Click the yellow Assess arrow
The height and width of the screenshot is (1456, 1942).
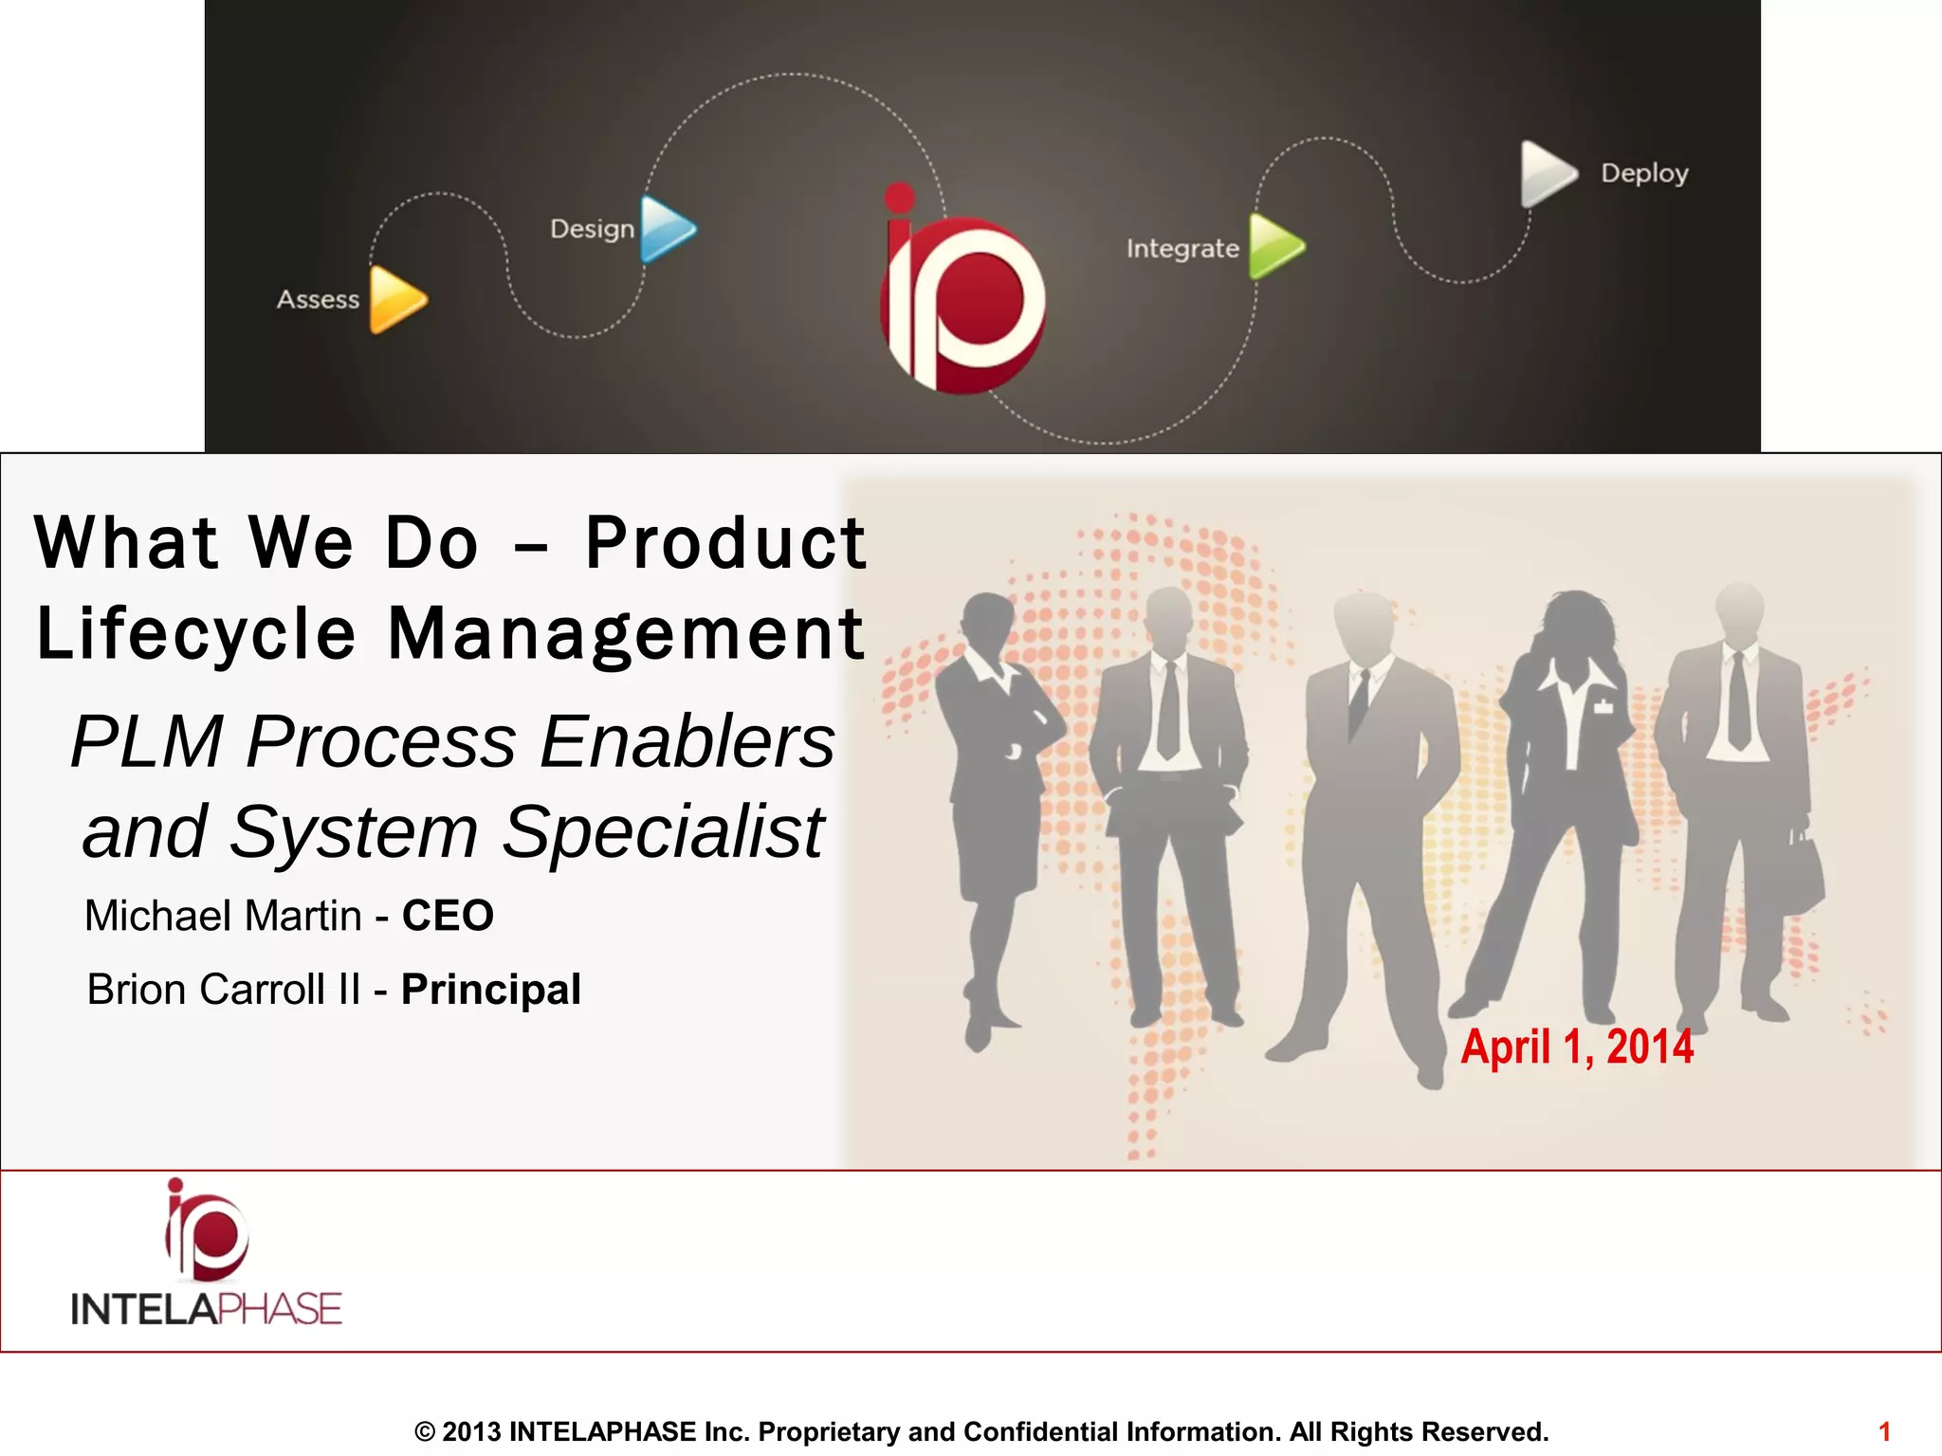pyautogui.click(x=396, y=300)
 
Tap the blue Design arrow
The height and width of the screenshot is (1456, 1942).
pyautogui.click(x=667, y=228)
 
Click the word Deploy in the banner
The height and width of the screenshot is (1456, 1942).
pyautogui.click(x=1644, y=173)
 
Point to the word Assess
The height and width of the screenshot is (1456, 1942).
pyautogui.click(x=318, y=300)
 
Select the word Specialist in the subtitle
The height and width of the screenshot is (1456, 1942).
pyautogui.click(x=662, y=831)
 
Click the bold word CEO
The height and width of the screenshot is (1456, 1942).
pyautogui.click(x=448, y=916)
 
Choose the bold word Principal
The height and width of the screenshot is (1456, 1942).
pyautogui.click(x=490, y=990)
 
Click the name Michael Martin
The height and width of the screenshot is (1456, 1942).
pyautogui.click(x=223, y=916)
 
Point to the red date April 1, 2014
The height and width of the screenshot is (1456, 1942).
pyautogui.click(x=1577, y=1047)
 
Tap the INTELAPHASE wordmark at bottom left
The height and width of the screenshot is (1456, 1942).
pyautogui.click(x=206, y=1309)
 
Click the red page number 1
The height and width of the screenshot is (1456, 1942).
pyautogui.click(x=1884, y=1431)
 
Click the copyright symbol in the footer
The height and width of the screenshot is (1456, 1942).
pyautogui.click(x=425, y=1431)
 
